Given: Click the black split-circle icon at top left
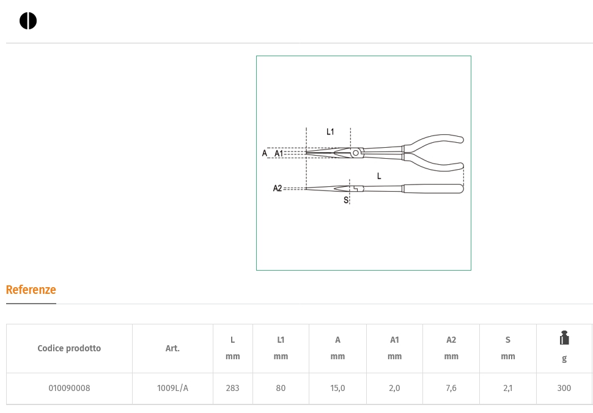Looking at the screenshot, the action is click(28, 21).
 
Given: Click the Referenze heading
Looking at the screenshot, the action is click(31, 290).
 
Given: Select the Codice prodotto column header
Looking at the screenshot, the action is click(69, 348).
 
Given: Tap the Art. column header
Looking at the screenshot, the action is click(172, 348).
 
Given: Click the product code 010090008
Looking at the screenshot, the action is click(69, 388).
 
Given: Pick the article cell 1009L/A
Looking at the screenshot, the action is click(172, 388).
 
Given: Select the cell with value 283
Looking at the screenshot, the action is click(232, 388).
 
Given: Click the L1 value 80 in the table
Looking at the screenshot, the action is click(281, 388).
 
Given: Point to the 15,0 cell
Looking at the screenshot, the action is click(337, 388).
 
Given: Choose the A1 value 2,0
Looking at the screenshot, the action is click(394, 388).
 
